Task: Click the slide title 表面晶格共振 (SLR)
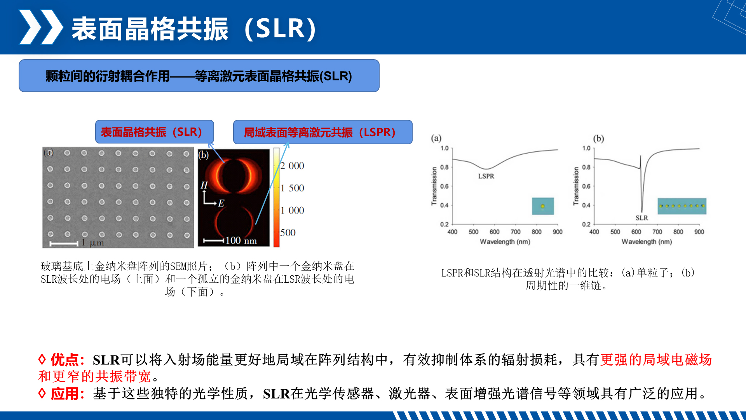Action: tap(194, 29)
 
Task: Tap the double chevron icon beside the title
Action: tap(41, 27)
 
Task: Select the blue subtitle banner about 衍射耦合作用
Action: tap(199, 76)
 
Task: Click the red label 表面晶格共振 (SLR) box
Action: tap(155, 132)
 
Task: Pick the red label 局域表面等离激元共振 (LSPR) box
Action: tap(322, 132)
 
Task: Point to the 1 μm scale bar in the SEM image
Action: tap(64, 244)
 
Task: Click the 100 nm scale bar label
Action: tap(241, 241)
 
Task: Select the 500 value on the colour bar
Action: tap(288, 233)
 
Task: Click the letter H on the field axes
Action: tap(204, 185)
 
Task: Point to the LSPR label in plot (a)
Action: tap(486, 176)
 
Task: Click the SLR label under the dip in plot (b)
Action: tap(641, 218)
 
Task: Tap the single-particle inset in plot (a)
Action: tap(543, 206)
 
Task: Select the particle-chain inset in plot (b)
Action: tap(682, 206)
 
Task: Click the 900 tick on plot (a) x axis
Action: tap(558, 232)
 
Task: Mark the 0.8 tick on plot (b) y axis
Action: tap(586, 167)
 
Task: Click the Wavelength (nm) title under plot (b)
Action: tap(647, 241)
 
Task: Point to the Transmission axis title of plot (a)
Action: tap(434, 186)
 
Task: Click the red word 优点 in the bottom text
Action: tap(65, 360)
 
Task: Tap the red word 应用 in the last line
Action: tap(65, 394)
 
